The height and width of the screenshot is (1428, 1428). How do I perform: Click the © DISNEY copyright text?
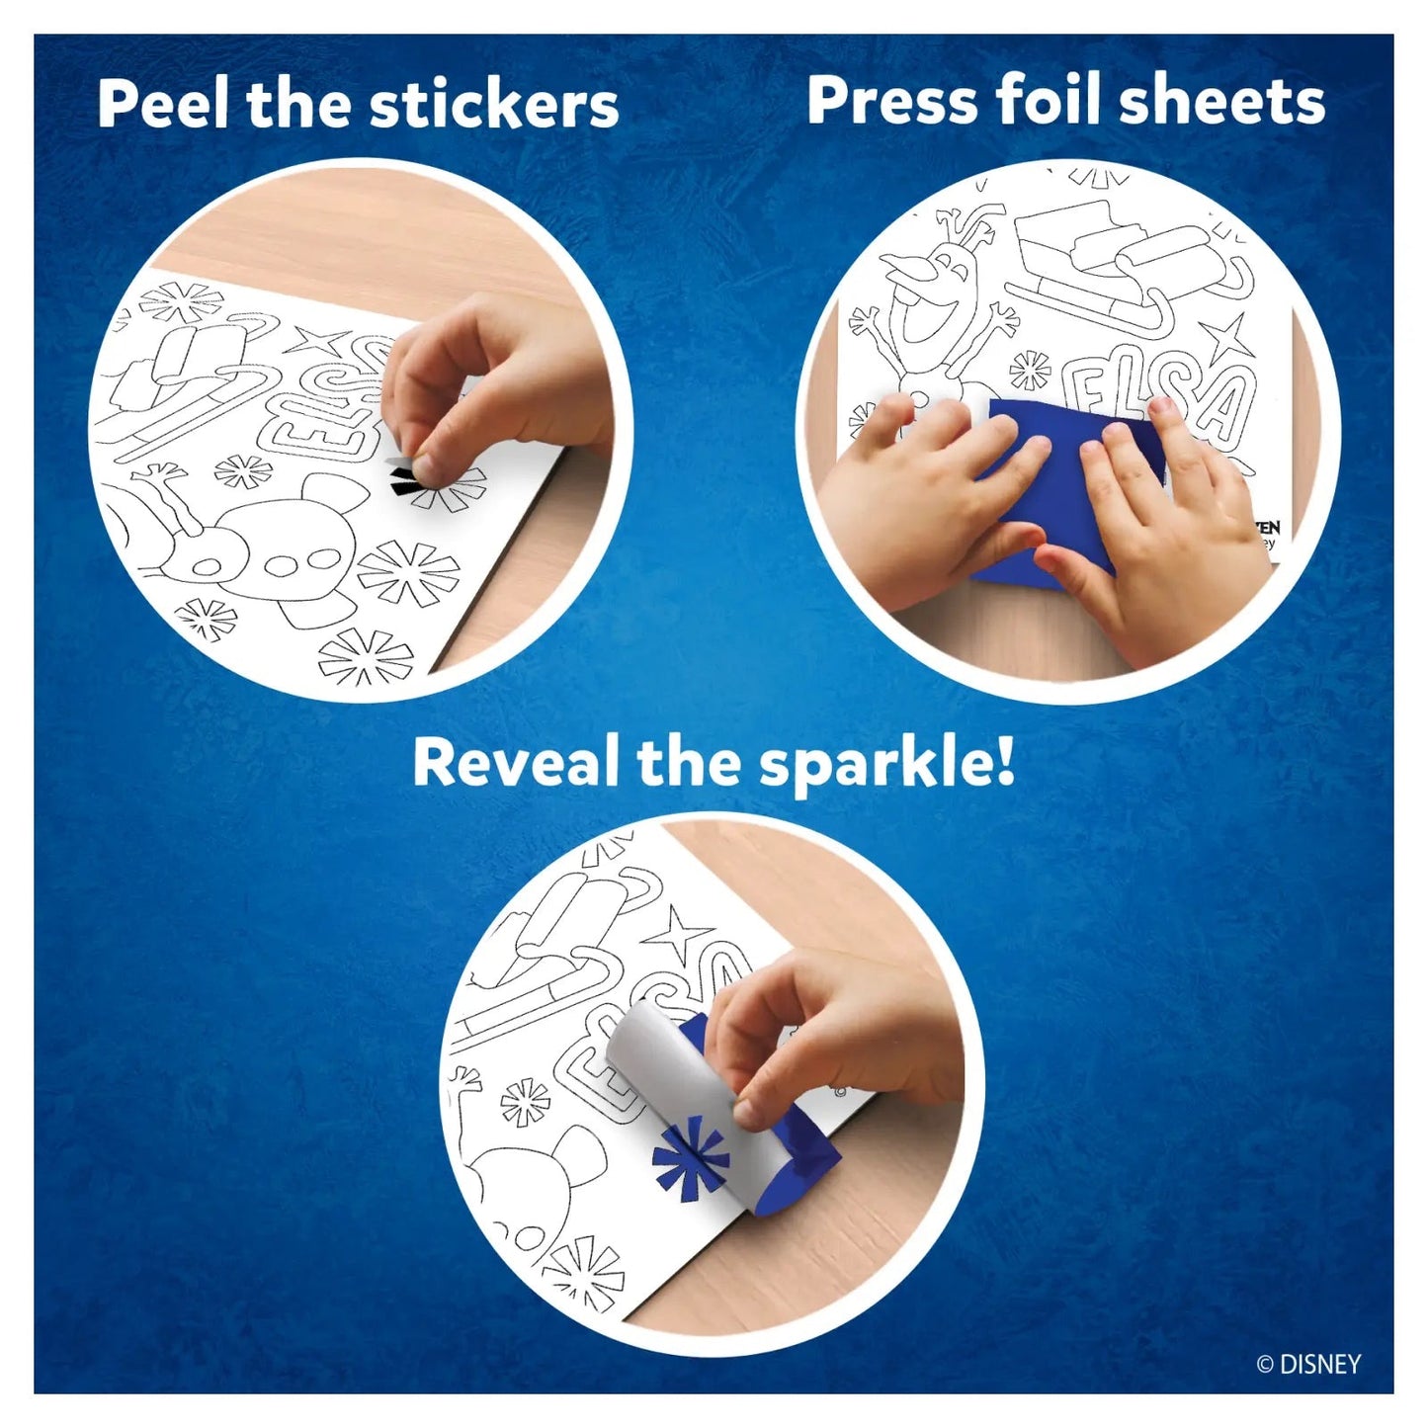coord(1308,1365)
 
